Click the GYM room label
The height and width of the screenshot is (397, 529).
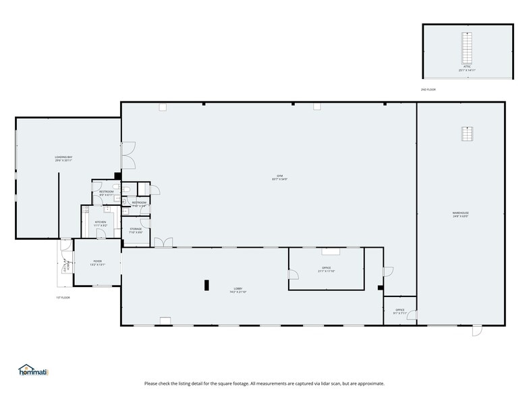(275, 178)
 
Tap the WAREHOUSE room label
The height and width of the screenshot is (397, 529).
(460, 213)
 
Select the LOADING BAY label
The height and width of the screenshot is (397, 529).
(63, 158)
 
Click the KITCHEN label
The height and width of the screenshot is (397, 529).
(100, 222)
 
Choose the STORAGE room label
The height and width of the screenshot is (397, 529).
(136, 230)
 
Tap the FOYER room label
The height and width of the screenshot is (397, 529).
(98, 262)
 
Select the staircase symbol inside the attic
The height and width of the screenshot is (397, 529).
(465, 47)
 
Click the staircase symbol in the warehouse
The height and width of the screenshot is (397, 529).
(465, 134)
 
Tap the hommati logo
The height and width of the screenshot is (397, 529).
(34, 370)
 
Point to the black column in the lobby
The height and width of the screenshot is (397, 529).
(206, 285)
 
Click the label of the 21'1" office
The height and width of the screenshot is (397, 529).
(326, 269)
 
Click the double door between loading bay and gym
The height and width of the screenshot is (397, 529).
(128, 155)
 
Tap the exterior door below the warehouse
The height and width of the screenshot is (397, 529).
(477, 330)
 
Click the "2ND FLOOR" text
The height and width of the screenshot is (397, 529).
(428, 89)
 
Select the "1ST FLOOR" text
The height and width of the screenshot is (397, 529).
(63, 297)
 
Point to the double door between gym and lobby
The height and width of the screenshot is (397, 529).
(163, 242)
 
